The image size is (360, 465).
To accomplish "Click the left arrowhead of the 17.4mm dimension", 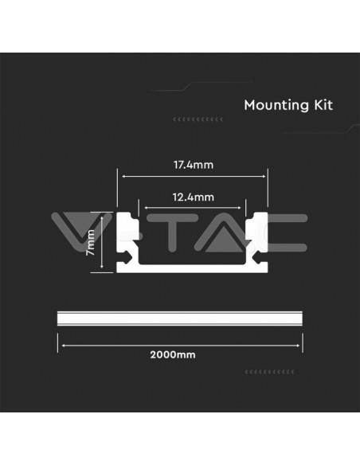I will point(120,178).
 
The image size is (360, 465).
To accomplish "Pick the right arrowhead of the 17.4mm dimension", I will point(265,178).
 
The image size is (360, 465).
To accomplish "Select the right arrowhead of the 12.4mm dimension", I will point(244,205).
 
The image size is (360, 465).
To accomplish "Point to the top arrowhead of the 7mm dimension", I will point(103,214).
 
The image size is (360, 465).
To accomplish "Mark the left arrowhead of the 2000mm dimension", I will point(60,344).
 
